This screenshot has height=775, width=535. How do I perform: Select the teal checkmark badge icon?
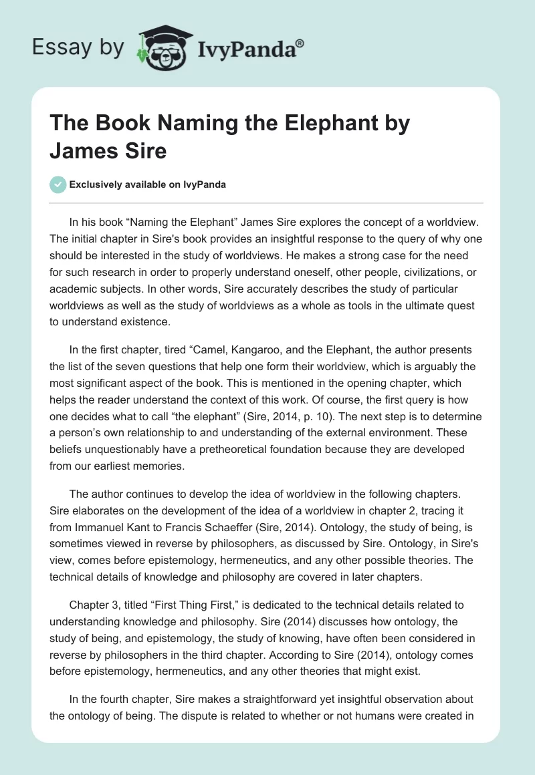pos(58,184)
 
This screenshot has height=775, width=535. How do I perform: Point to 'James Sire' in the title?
pos(108,151)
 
